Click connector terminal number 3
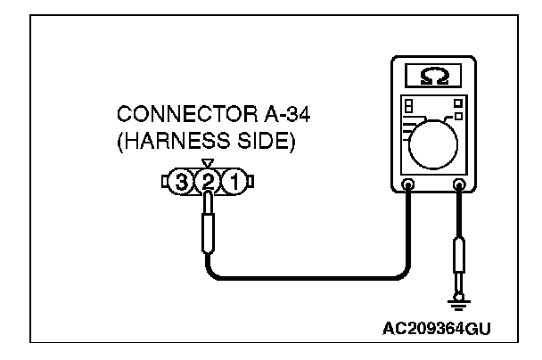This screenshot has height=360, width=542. pyautogui.click(x=184, y=183)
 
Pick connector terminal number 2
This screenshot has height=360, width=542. pyautogui.click(x=209, y=183)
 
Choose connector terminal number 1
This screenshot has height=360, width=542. pyautogui.click(x=233, y=183)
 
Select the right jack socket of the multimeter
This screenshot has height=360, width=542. pyautogui.click(x=461, y=187)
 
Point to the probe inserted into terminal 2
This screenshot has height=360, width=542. pyautogui.click(x=209, y=223)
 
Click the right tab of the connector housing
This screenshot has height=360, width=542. pyautogui.click(x=249, y=183)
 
